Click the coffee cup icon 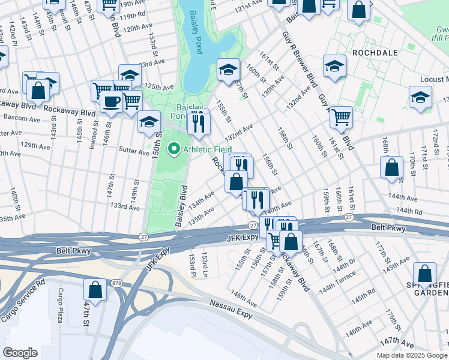pos(110,101)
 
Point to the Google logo pos(20,352)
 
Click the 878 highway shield pos(116,283)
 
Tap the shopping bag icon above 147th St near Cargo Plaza pos(95,289)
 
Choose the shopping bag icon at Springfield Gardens pos(425,274)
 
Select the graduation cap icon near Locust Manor pos(420,96)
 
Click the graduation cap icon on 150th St pos(149,122)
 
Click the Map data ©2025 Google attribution pos(412,355)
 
